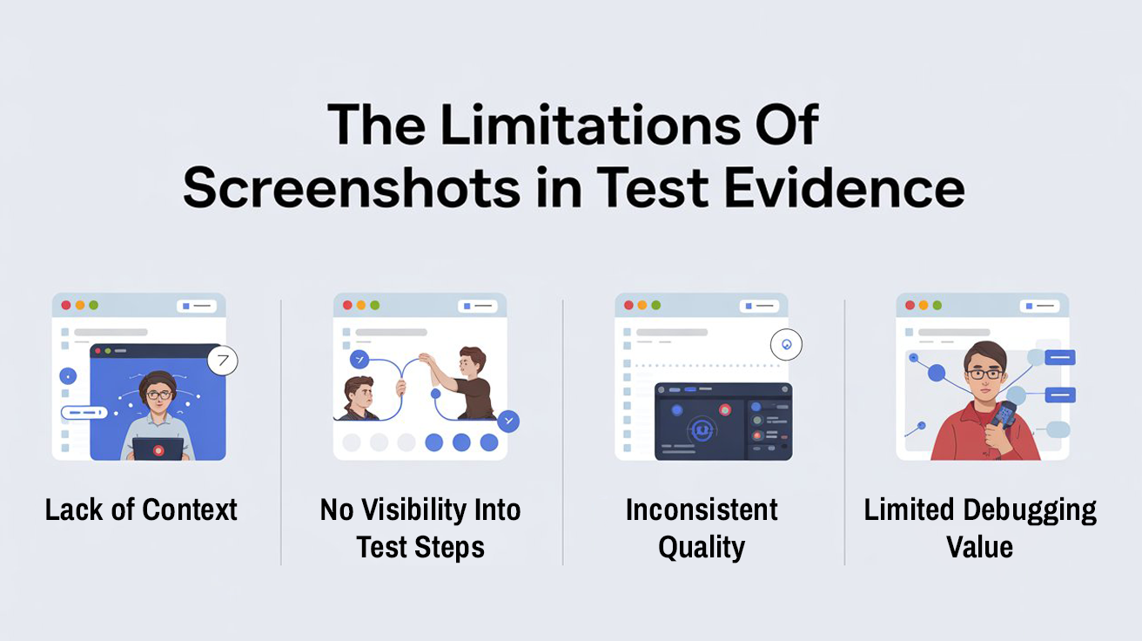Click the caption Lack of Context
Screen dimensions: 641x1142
(x=141, y=509)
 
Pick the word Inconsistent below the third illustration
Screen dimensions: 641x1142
(x=702, y=509)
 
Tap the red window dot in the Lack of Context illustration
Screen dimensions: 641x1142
(x=65, y=306)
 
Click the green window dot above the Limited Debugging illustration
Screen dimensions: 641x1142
(x=937, y=306)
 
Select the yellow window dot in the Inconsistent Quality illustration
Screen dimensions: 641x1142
(x=643, y=306)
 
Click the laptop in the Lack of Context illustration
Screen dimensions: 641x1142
(x=158, y=449)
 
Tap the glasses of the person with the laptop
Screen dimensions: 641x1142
(x=158, y=395)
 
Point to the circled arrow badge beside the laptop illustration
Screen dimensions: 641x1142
(x=223, y=360)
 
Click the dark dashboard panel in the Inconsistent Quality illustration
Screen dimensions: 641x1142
(x=723, y=422)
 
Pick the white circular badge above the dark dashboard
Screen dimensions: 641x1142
(x=786, y=345)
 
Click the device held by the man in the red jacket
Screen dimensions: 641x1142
(x=1004, y=414)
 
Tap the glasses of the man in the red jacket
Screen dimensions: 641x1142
(x=984, y=374)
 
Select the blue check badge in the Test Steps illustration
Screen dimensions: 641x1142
(x=508, y=422)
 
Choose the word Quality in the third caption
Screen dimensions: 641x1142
(x=702, y=548)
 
